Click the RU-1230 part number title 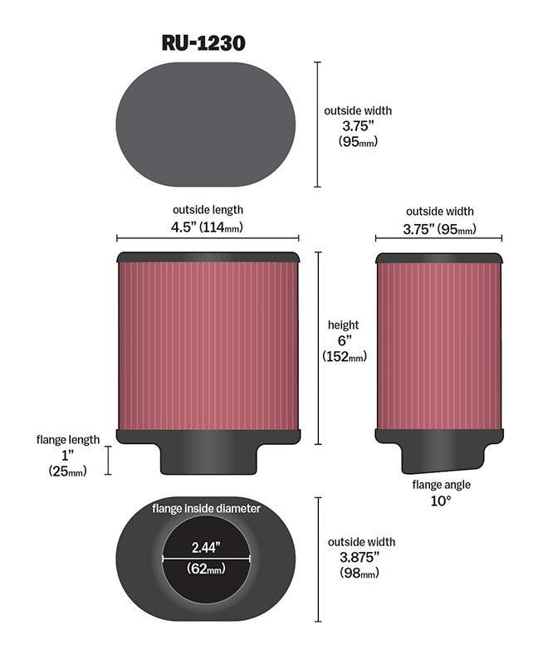203,43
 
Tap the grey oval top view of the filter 206,124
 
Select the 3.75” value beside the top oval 359,126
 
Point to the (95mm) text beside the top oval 358,141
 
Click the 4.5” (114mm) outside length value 207,227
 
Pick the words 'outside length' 208,210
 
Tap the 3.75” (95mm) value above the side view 439,229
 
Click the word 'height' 343,325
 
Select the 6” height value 345,340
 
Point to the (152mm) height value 345,356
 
